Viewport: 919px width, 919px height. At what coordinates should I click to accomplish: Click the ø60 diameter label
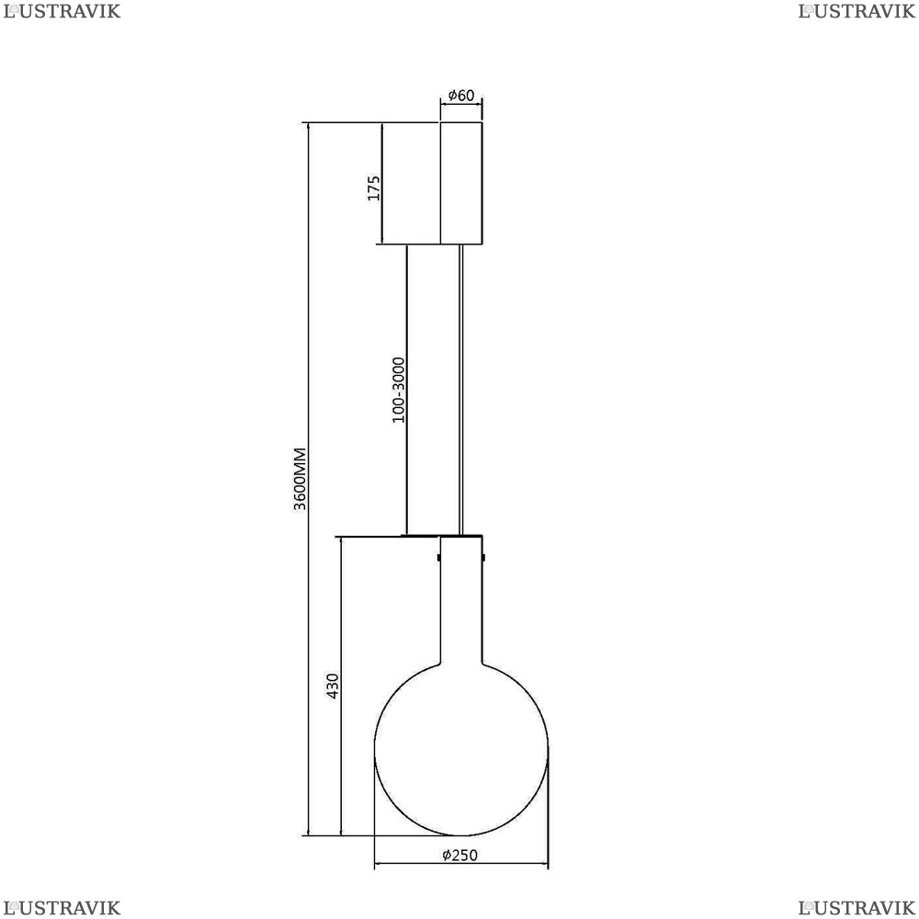coord(461,95)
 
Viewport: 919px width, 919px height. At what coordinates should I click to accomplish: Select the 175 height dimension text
coord(374,188)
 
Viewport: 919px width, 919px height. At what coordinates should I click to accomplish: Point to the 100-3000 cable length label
coord(399,390)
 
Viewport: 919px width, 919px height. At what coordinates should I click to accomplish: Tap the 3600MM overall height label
coord(301,479)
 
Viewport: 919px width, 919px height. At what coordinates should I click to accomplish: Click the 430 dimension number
coord(333,686)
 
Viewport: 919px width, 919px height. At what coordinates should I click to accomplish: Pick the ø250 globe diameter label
coord(460,855)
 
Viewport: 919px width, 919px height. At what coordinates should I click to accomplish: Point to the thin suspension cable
coord(461,390)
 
